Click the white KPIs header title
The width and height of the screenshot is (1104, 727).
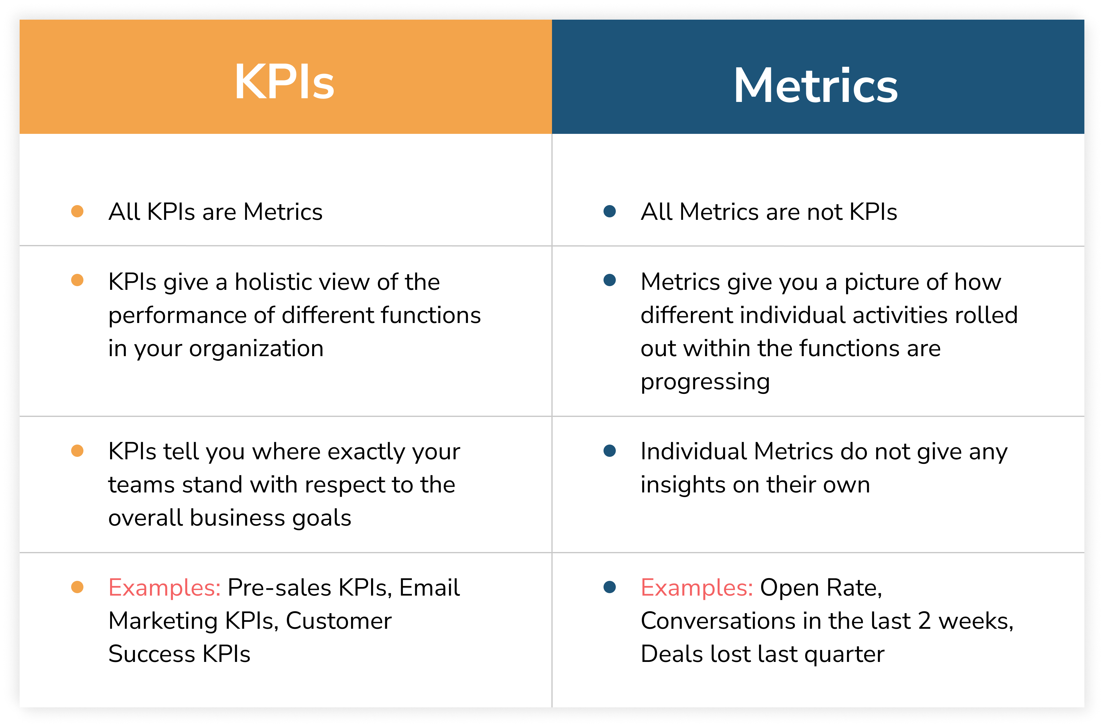click(x=284, y=83)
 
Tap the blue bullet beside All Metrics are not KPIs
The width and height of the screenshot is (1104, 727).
click(x=610, y=211)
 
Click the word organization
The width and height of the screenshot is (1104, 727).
click(x=256, y=348)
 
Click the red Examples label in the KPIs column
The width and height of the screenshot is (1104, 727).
click(x=164, y=587)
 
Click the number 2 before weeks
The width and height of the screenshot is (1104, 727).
click(x=925, y=621)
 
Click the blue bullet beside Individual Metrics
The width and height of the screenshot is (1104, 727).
click(x=610, y=451)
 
